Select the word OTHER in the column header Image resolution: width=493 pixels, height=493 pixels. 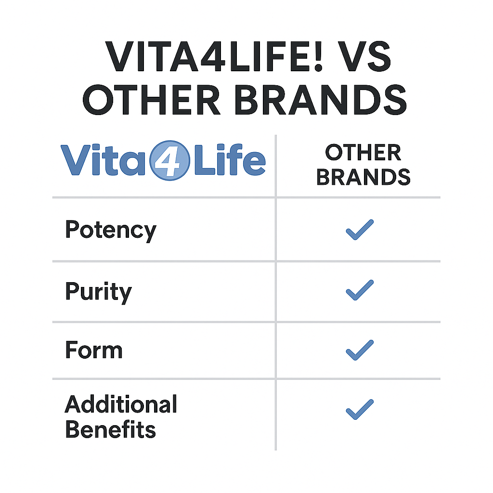click(363, 153)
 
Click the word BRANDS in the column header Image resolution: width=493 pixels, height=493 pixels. click(363, 177)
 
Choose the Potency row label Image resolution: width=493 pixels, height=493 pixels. click(110, 231)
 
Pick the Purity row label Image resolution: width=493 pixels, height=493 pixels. click(98, 292)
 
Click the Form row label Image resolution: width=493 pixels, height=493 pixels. click(93, 350)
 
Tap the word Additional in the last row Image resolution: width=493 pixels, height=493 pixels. click(121, 404)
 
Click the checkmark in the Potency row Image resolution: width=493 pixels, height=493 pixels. click(360, 230)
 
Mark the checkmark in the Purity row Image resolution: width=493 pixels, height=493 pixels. click(360, 290)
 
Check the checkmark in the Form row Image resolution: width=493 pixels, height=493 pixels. click(360, 350)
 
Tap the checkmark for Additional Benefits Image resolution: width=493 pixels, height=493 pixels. click(360, 409)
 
